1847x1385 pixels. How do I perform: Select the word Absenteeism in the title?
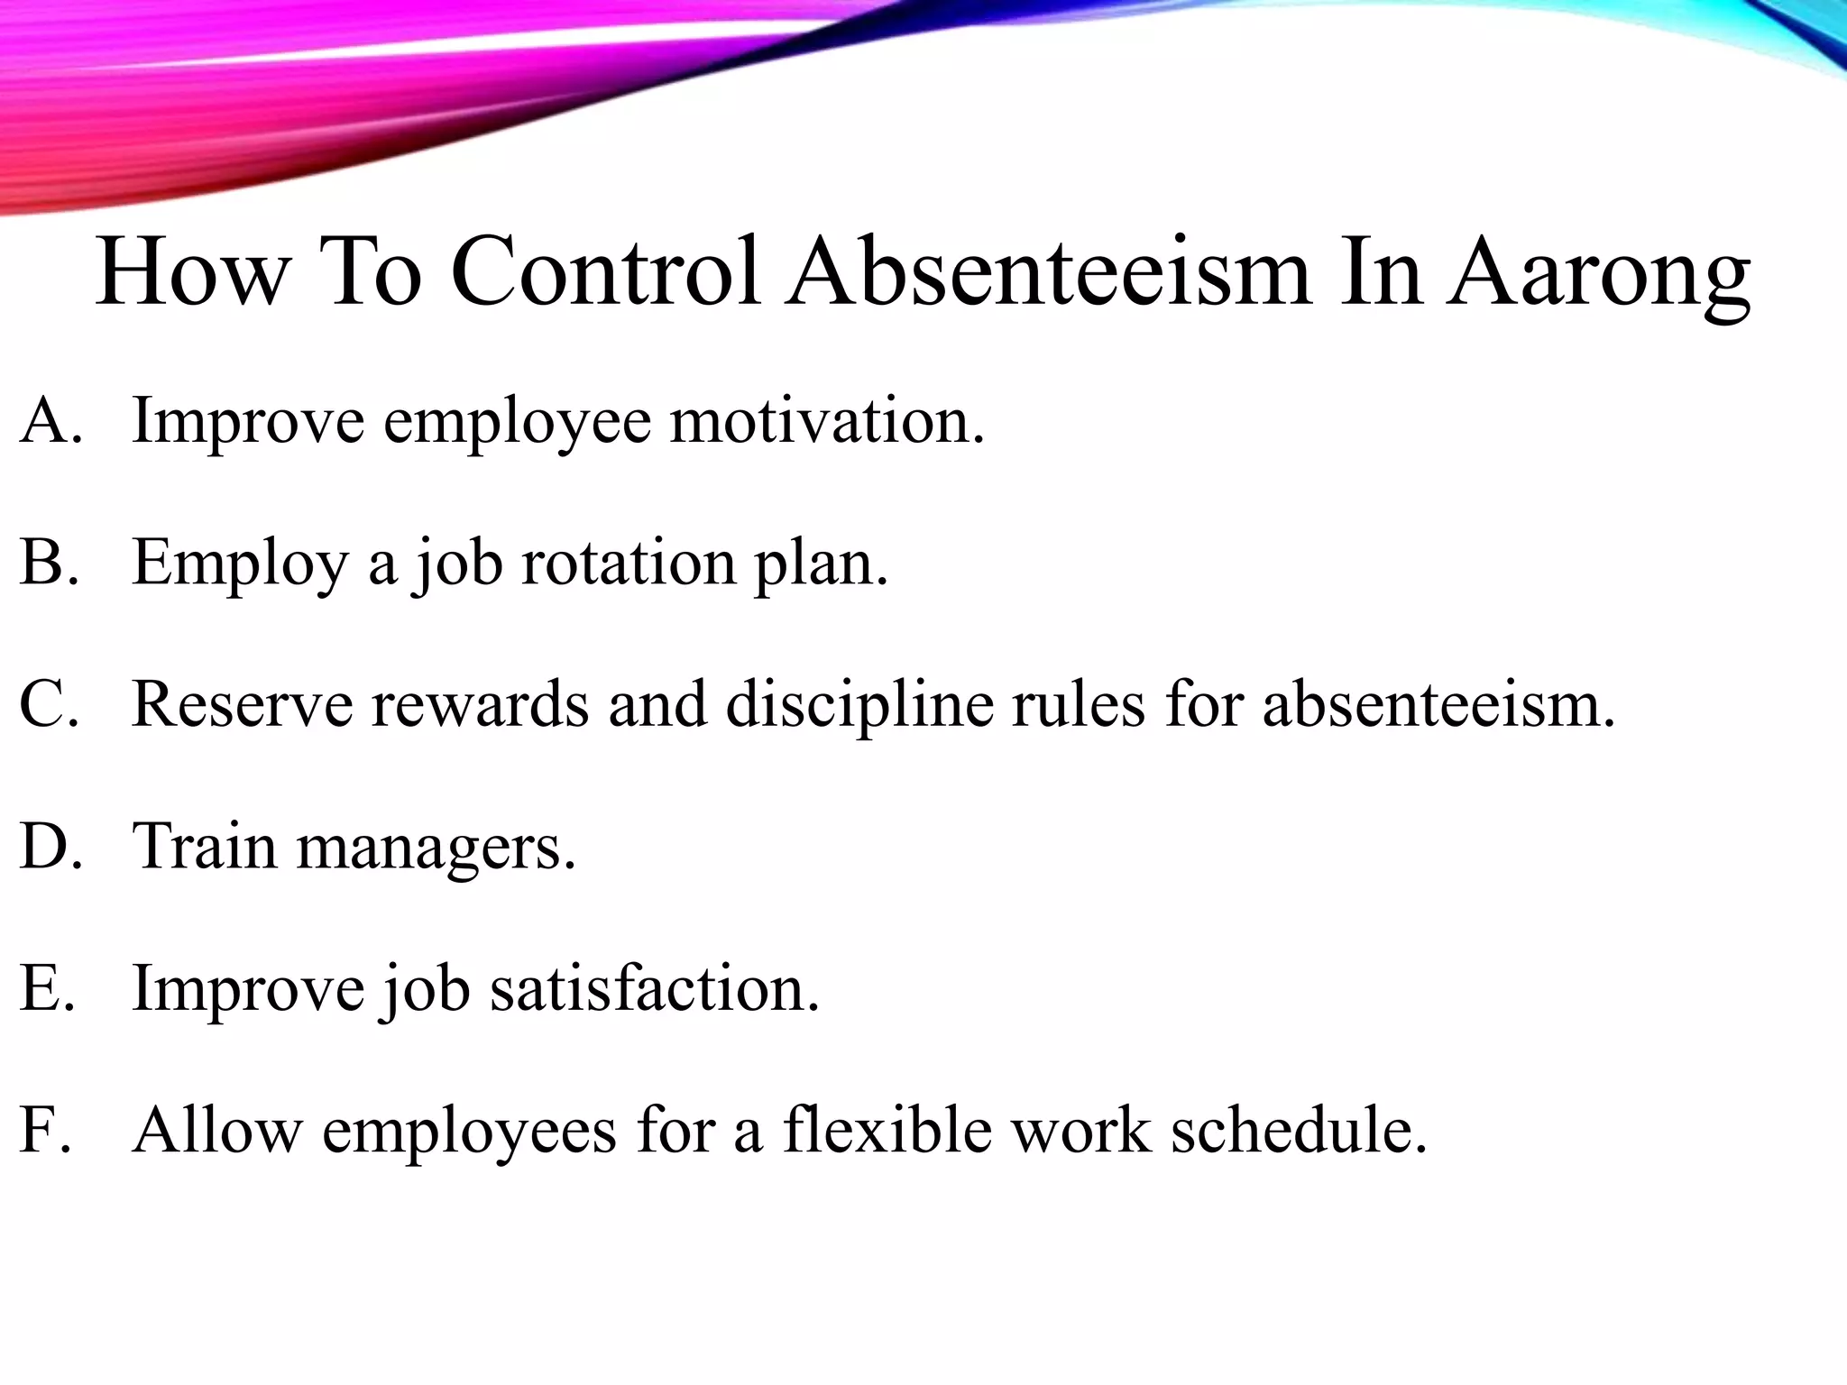[x=1047, y=271]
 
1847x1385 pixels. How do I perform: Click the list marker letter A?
[x=42, y=421]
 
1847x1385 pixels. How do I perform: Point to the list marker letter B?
[x=41, y=563]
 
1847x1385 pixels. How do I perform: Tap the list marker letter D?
[x=42, y=847]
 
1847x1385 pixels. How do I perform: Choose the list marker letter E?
[x=40, y=988]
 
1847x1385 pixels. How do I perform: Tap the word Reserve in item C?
[x=242, y=704]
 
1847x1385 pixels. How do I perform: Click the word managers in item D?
[x=435, y=848]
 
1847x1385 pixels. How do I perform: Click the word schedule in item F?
[x=1298, y=1130]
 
